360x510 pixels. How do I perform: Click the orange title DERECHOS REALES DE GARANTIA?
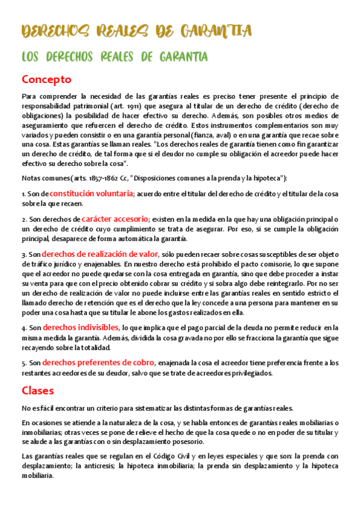pyautogui.click(x=136, y=31)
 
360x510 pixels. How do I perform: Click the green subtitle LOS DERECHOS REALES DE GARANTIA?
pyautogui.click(x=115, y=57)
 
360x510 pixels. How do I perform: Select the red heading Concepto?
pyautogui.click(x=46, y=79)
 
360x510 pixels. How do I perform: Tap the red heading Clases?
pyautogui.click(x=38, y=390)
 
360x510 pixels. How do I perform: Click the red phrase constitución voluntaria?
pyautogui.click(x=91, y=193)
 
